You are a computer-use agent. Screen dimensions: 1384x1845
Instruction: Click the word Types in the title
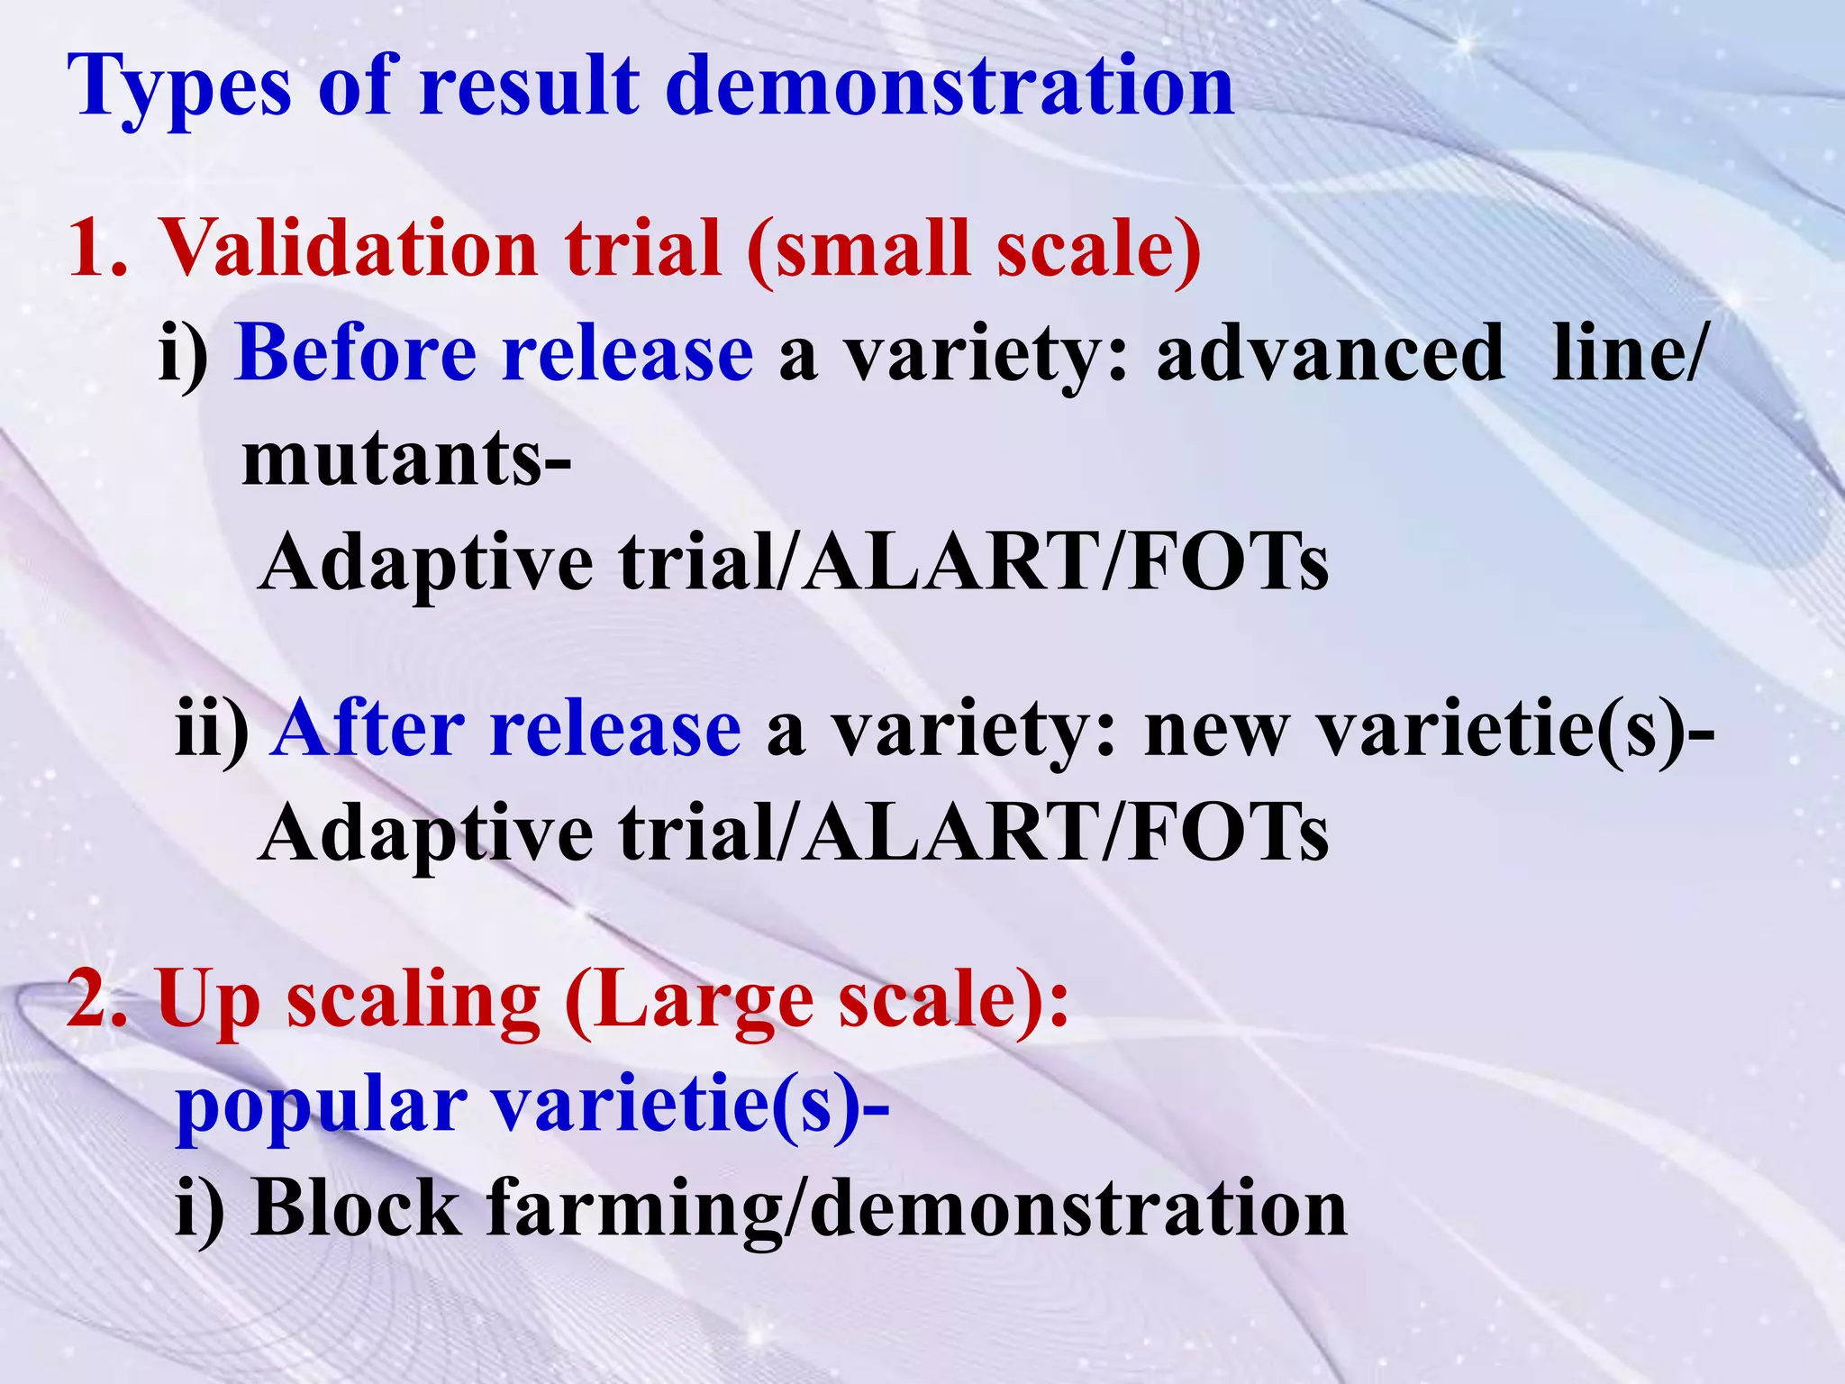point(179,88)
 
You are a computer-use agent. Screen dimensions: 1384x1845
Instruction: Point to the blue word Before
point(356,353)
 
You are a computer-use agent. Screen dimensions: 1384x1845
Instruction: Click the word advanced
point(1330,353)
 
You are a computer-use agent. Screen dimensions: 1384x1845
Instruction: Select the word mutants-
point(406,458)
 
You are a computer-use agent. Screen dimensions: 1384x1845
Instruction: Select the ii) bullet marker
point(212,730)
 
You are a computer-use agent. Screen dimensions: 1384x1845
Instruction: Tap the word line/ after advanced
point(1627,353)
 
